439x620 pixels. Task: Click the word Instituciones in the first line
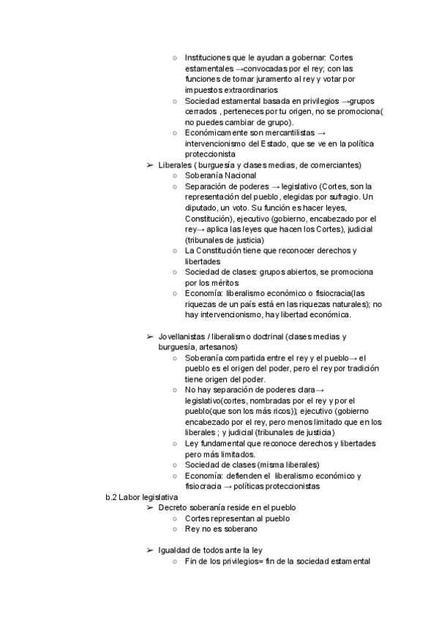pyautogui.click(x=209, y=57)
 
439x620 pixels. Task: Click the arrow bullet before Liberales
pyautogui.click(x=150, y=165)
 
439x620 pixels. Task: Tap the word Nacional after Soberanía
pyautogui.click(x=240, y=175)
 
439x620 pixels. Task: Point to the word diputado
pyautogui.click(x=201, y=208)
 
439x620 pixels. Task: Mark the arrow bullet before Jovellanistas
pyautogui.click(x=150, y=336)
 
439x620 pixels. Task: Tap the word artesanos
pyautogui.click(x=227, y=347)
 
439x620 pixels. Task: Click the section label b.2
pyautogui.click(x=112, y=497)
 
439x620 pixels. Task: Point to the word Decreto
pyautogui.click(x=174, y=507)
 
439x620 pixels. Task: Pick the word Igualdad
pyautogui.click(x=175, y=551)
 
